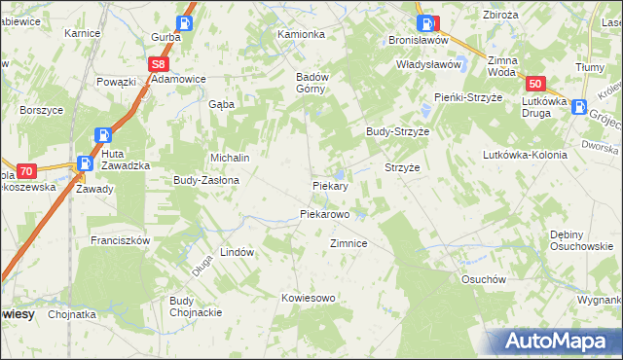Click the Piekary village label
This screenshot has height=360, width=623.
point(330,185)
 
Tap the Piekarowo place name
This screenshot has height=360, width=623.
point(324,213)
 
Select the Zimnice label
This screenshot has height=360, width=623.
point(348,243)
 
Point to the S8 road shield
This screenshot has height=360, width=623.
point(159,64)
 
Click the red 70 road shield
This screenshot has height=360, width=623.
point(26,169)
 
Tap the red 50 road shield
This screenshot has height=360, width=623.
point(538,85)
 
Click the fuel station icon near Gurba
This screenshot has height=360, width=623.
point(185,22)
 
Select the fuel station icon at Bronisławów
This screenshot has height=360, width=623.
point(424,23)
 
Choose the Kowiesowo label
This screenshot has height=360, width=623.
point(308,298)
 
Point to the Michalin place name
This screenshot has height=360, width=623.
point(231,158)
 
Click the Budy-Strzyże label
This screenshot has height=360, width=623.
point(397,130)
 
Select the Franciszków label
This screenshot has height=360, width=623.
point(119,239)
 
